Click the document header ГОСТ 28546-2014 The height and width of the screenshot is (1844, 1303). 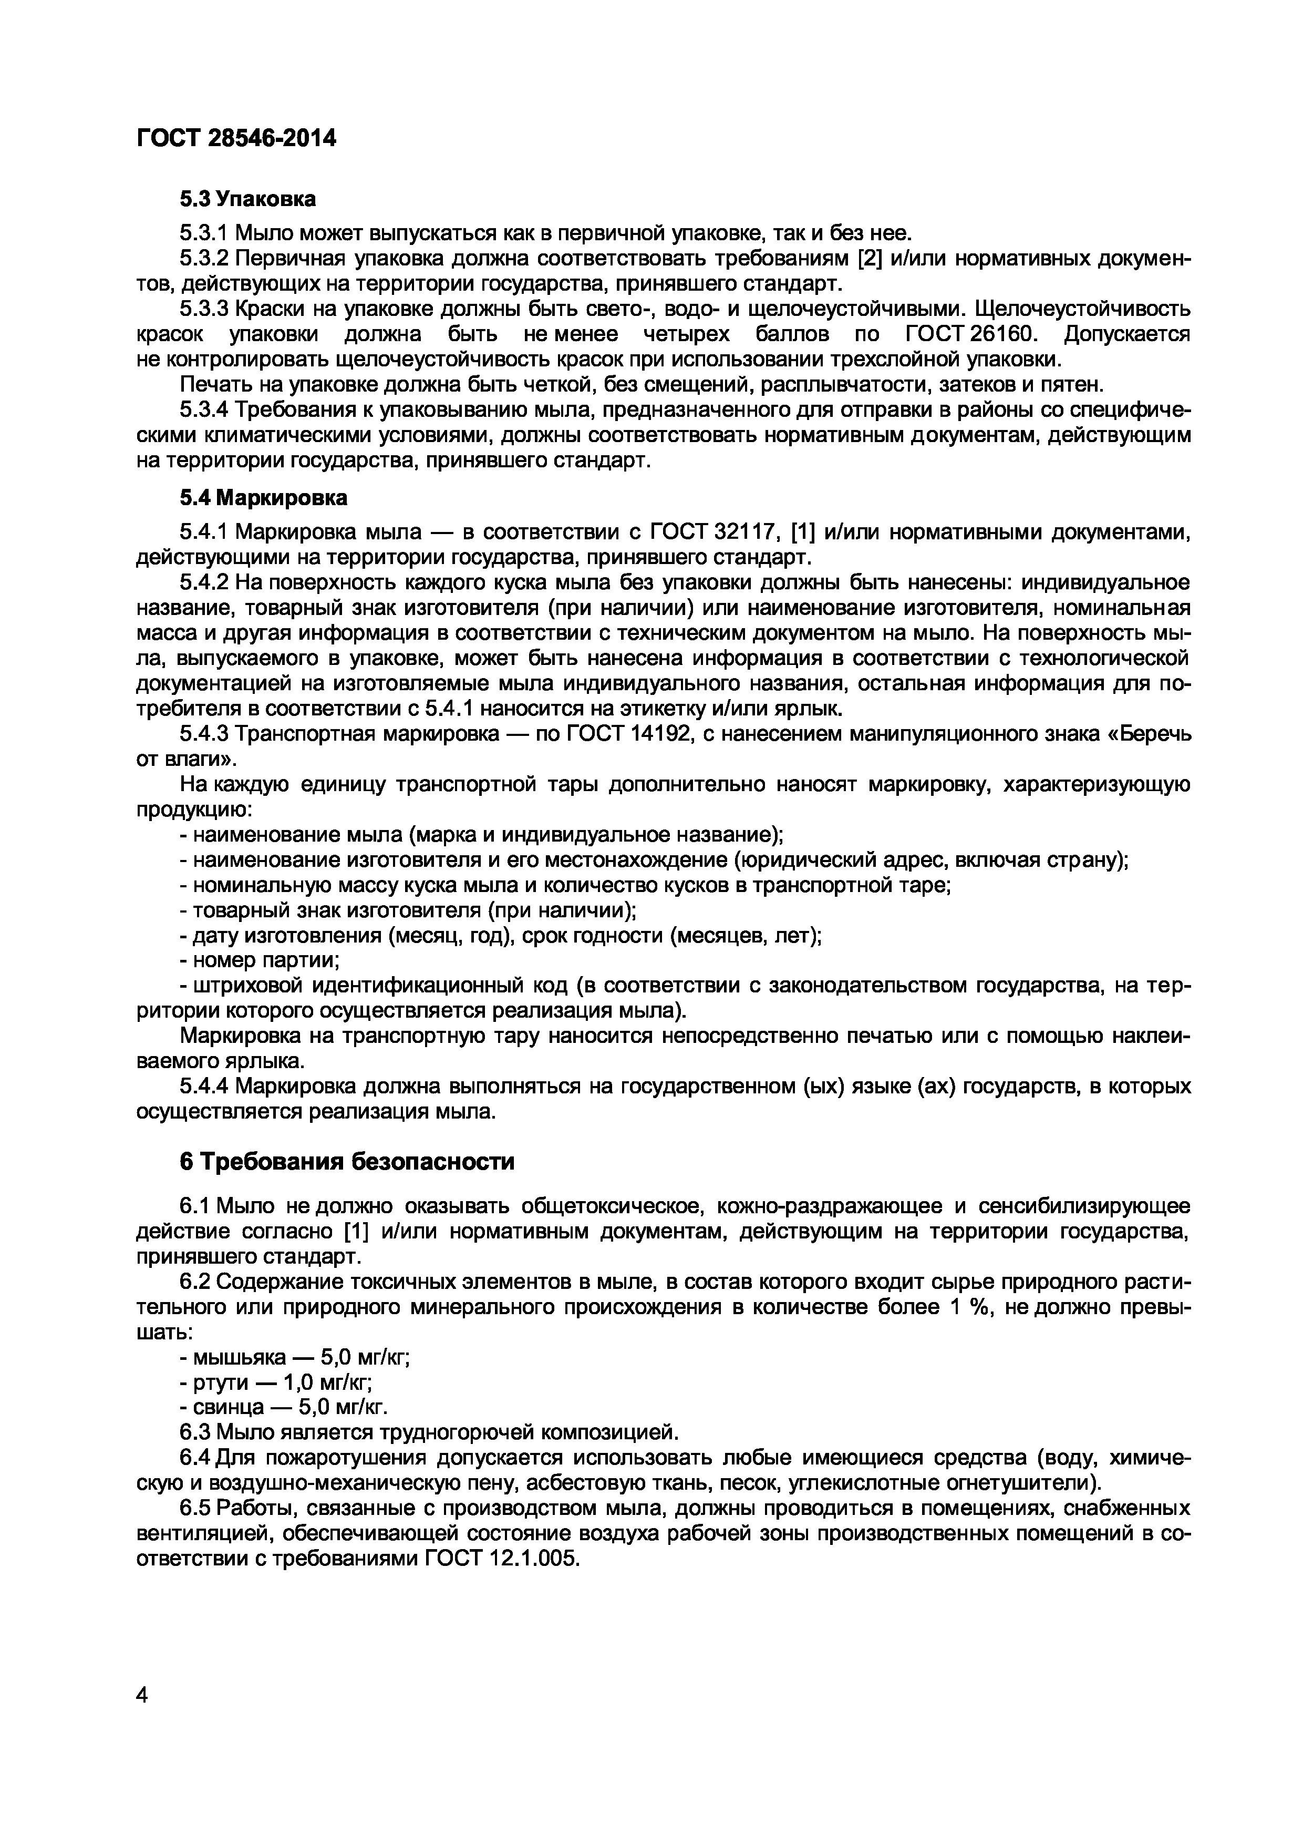[236, 139]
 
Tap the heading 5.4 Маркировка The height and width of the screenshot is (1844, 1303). [263, 498]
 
